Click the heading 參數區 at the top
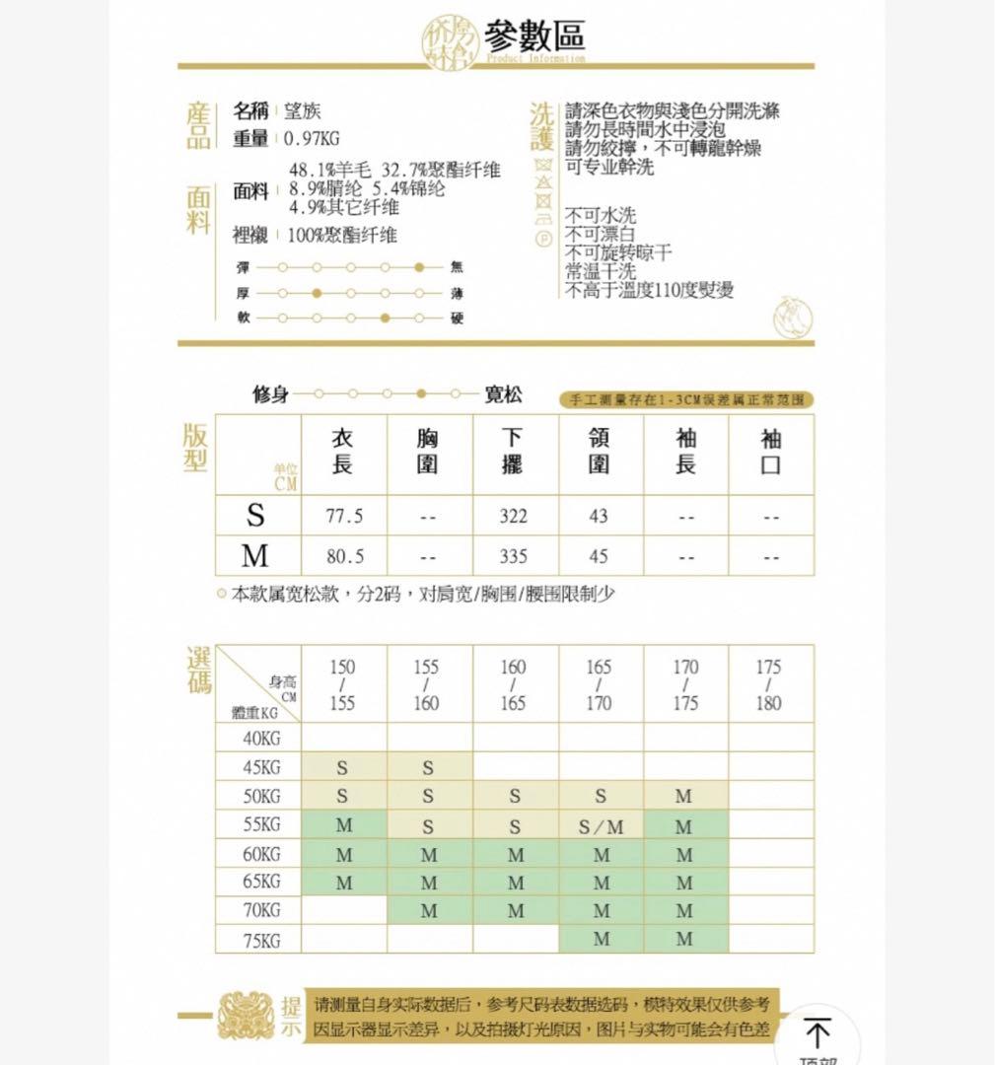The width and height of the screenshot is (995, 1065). point(533,35)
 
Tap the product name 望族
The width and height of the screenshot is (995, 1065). point(302,111)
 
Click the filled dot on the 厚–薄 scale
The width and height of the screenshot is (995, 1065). point(316,293)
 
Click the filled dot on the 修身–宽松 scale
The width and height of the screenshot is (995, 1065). point(421,394)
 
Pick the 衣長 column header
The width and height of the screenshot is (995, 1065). point(342,451)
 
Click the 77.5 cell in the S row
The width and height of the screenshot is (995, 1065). point(344,516)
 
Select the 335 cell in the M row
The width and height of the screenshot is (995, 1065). point(513,556)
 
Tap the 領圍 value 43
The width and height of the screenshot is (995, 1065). point(599,516)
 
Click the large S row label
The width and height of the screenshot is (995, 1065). point(256,516)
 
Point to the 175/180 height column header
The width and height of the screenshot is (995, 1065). point(769,685)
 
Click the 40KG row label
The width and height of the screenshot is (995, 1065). point(260,739)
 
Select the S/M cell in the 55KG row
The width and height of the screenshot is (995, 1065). point(601,826)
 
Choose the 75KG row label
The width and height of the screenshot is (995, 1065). point(260,940)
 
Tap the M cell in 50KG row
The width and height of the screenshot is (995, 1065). point(684,796)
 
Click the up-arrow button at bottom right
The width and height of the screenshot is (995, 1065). point(817,1033)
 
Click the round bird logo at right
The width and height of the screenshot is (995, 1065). point(793,318)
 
